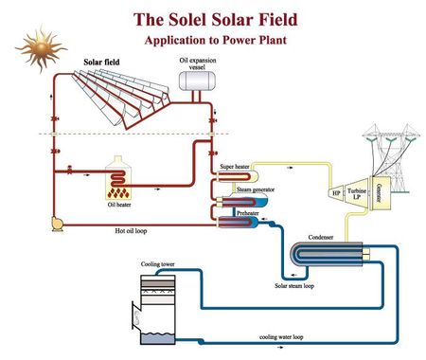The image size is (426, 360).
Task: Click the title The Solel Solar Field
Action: pyautogui.click(x=212, y=18)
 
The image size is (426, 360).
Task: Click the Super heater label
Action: pyautogui.click(x=234, y=166)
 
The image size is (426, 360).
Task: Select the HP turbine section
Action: pyautogui.click(x=336, y=194)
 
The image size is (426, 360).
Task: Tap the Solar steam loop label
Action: pyautogui.click(x=295, y=284)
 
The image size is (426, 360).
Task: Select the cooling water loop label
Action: pyautogui.click(x=280, y=336)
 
